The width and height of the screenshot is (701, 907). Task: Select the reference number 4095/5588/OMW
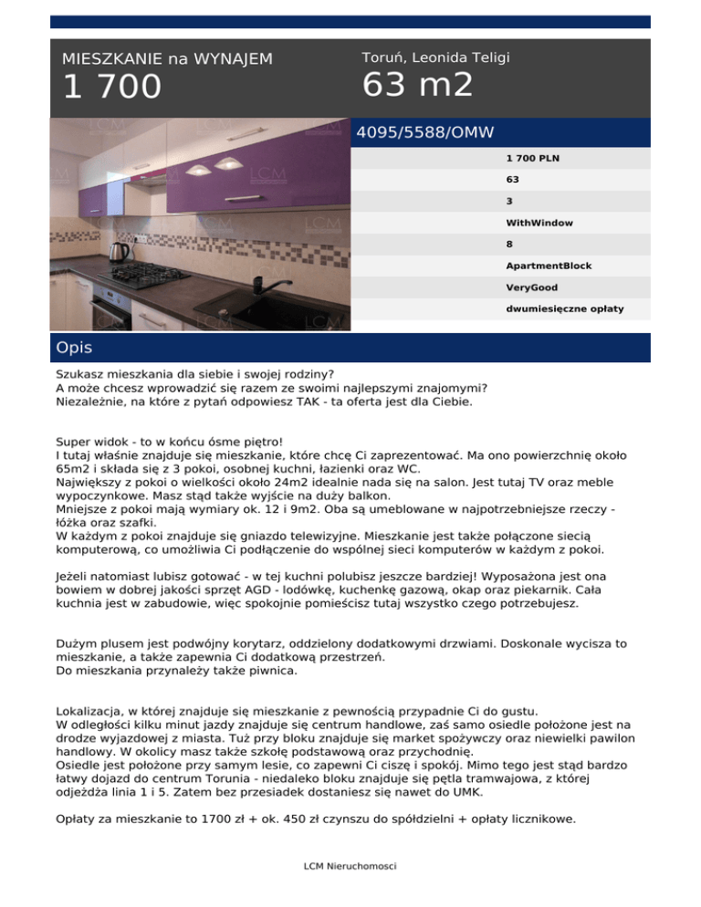[424, 132]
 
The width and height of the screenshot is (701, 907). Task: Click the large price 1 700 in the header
[111, 88]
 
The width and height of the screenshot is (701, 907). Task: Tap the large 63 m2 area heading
[417, 86]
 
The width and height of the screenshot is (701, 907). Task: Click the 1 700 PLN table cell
[533, 158]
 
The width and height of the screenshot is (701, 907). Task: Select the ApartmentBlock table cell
[549, 266]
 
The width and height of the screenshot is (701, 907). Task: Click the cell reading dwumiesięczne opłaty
[565, 308]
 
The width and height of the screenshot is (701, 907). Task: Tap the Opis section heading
[74, 349]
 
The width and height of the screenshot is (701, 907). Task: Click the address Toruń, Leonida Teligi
[435, 58]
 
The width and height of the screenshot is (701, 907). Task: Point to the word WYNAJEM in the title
[234, 59]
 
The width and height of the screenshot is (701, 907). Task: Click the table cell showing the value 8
[508, 244]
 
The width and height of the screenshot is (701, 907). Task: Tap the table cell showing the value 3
[508, 201]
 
